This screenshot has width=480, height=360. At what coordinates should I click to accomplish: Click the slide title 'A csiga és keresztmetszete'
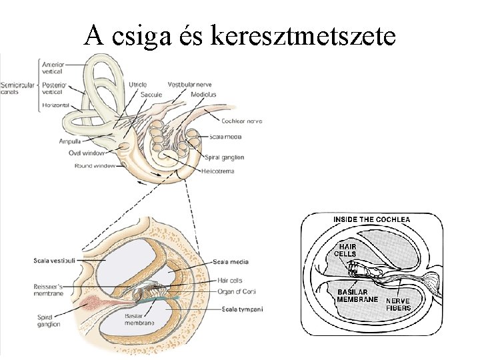pos(240,34)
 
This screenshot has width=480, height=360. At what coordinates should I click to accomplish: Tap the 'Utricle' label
pos(138,85)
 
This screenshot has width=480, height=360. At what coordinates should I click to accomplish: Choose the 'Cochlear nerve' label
pos(241,121)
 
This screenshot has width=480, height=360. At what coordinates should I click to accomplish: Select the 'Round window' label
pos(93,165)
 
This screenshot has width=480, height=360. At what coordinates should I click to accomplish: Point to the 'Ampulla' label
pos(69,141)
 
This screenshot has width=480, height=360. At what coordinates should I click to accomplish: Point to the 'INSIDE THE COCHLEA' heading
pos(371,219)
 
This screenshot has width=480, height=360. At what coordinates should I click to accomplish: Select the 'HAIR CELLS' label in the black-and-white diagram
pos(345,250)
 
